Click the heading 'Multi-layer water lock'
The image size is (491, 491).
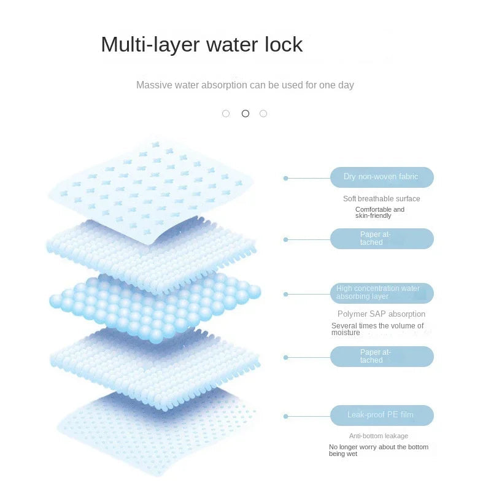tap(202, 44)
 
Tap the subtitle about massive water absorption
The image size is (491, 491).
tap(245, 85)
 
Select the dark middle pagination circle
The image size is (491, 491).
tap(245, 114)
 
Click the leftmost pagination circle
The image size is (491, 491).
tap(226, 114)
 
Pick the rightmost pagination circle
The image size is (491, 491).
tap(263, 114)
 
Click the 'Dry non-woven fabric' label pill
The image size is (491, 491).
tap(382, 177)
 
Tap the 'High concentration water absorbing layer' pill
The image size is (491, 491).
tap(382, 293)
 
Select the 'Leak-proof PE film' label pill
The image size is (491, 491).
tap(382, 416)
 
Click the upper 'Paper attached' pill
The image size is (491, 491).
tap(382, 239)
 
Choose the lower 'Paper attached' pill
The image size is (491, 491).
tap(382, 357)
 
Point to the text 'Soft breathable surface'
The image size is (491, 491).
tap(381, 198)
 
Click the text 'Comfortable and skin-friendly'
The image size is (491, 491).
tap(380, 212)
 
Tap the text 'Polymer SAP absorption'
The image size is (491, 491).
tap(381, 314)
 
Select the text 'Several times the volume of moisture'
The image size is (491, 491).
tap(377, 329)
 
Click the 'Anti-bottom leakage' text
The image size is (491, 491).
tap(379, 436)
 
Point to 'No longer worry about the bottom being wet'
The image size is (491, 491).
tap(379, 450)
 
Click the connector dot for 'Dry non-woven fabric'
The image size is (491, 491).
tap(285, 178)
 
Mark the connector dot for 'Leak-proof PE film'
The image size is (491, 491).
tap(285, 417)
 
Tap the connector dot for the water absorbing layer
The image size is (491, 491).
tap(285, 295)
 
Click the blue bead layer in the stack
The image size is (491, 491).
tap(155, 309)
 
